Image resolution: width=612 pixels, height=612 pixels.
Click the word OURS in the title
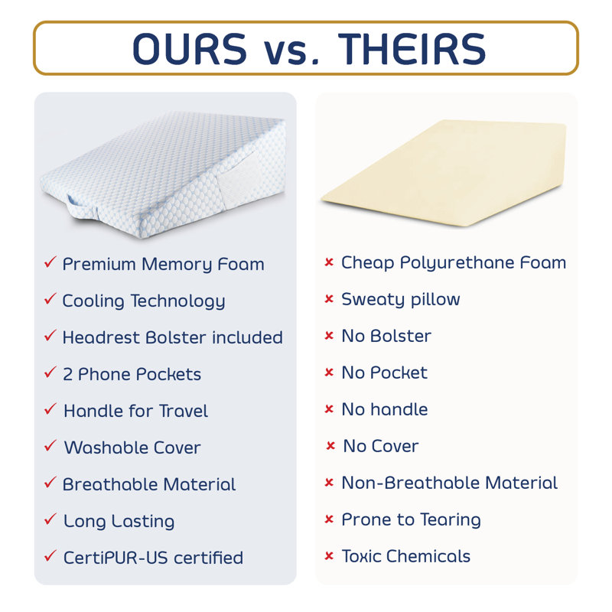click(190, 49)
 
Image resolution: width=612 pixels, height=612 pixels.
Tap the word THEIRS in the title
click(412, 49)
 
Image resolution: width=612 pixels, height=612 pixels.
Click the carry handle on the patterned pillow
click(83, 207)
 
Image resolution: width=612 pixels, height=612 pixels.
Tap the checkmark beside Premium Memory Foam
click(50, 262)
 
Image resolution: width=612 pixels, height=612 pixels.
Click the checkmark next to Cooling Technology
click(50, 298)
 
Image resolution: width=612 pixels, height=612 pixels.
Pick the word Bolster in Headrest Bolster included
click(176, 337)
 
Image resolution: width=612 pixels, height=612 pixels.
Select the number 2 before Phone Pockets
click(67, 375)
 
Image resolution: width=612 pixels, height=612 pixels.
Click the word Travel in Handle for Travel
click(183, 411)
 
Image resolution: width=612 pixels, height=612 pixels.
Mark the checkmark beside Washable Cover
click(50, 445)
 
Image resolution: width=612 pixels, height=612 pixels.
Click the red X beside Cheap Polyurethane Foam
click(329, 262)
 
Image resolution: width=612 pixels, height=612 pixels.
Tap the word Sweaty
click(373, 300)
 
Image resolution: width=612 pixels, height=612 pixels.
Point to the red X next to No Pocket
click(329, 373)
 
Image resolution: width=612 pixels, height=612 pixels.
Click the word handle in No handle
click(399, 409)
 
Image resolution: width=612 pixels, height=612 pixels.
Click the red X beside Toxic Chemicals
click(329, 556)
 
